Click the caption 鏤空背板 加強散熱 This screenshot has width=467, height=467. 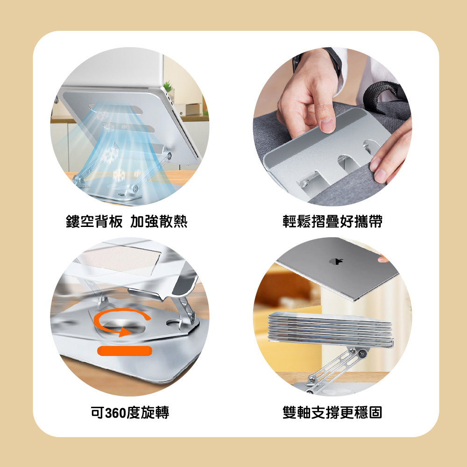[127, 221]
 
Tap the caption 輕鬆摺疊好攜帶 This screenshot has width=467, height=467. [333, 221]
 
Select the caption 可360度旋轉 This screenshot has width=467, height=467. [130, 412]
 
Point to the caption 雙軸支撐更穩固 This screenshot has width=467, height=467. [333, 412]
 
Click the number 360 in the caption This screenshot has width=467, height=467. [115, 413]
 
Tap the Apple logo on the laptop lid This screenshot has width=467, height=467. [336, 262]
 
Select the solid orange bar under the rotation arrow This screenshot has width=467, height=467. [125, 351]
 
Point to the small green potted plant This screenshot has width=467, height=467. [168, 86]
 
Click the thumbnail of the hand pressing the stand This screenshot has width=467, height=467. [333, 127]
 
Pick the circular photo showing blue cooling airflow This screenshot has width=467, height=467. [129, 127]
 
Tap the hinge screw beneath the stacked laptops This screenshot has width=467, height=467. [362, 354]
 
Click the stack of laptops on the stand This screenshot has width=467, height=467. [331, 329]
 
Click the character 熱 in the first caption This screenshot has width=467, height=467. [180, 221]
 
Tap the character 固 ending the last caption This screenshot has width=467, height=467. [375, 412]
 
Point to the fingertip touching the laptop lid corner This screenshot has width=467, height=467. [383, 259]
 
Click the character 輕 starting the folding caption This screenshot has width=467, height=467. [290, 221]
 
